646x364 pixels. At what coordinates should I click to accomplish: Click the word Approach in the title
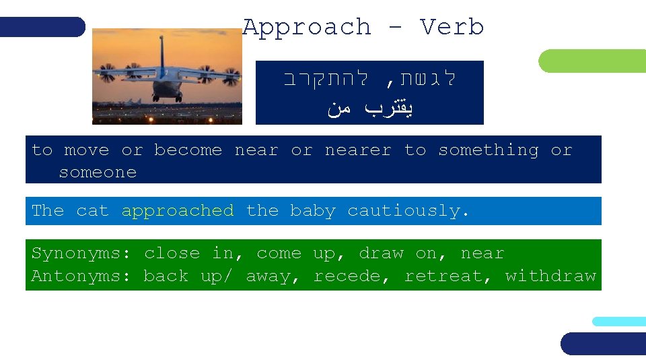click(307, 28)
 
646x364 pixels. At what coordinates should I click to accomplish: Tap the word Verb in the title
click(452, 28)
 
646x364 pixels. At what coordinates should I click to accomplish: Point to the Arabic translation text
click(369, 108)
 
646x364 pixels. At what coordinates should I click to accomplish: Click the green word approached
click(178, 211)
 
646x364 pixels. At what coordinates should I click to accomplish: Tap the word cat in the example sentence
click(92, 211)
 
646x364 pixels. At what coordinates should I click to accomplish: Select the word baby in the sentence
click(312, 211)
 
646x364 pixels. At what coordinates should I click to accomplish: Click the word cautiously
click(408, 211)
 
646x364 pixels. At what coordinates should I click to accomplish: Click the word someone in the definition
click(98, 173)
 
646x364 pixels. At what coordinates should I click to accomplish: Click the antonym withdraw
click(550, 276)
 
